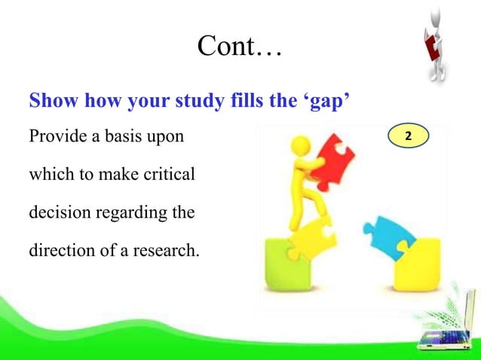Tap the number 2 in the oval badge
pyautogui.click(x=408, y=137)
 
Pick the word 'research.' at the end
pyautogui.click(x=169, y=249)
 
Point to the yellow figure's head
pyautogui.click(x=300, y=143)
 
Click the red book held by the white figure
pyautogui.click(x=431, y=47)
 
